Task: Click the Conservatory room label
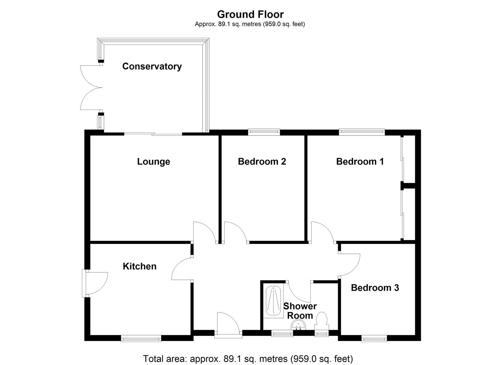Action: coord(152,66)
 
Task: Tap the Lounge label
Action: coord(153,162)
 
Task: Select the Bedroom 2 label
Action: coord(262,162)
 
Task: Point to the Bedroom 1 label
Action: coord(360,162)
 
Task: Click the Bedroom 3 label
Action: coord(375,288)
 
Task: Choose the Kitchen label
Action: coord(140,266)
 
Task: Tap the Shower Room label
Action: coord(300,311)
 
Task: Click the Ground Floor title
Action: coord(250,14)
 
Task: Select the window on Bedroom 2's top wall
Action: coord(264,132)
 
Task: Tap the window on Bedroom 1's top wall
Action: coord(362,132)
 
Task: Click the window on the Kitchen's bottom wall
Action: coord(141,338)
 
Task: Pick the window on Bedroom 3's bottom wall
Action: coord(374,338)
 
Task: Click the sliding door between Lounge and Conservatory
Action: coord(153,134)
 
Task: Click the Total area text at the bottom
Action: coord(248,359)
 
